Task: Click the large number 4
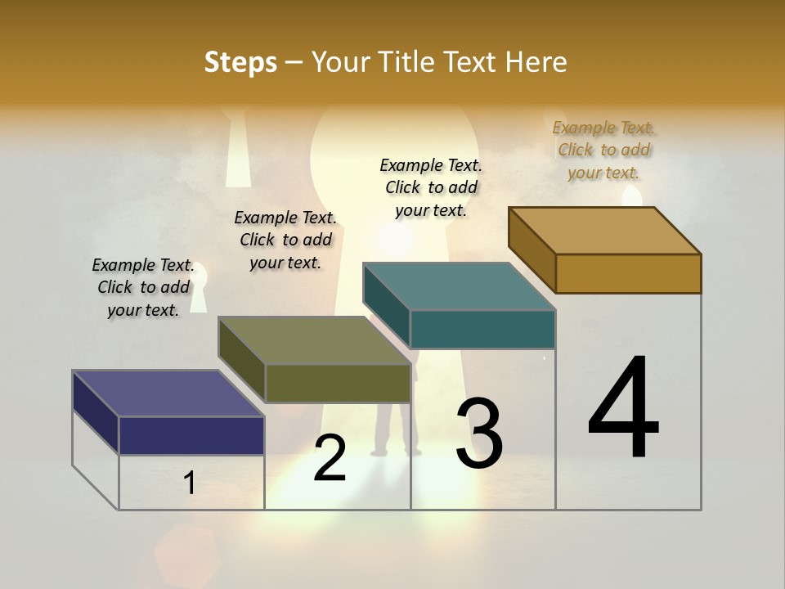pos(624,408)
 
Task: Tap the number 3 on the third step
pos(479,434)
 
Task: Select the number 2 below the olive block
pos(330,458)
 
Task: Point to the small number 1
pos(190,483)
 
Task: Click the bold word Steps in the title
pos(240,62)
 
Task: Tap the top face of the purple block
pos(168,393)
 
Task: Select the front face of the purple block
pos(191,435)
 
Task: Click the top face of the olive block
pos(315,340)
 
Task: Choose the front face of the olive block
pos(338,383)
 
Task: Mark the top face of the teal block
pos(460,286)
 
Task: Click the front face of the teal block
pos(482,329)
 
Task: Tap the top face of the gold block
pos(605,231)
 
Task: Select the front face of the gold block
pos(628,273)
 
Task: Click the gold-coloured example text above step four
pos(604,150)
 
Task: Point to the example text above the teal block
pos(431,187)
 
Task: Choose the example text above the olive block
pos(285,240)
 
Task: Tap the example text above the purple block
pos(143,287)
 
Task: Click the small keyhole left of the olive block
pos(200,290)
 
